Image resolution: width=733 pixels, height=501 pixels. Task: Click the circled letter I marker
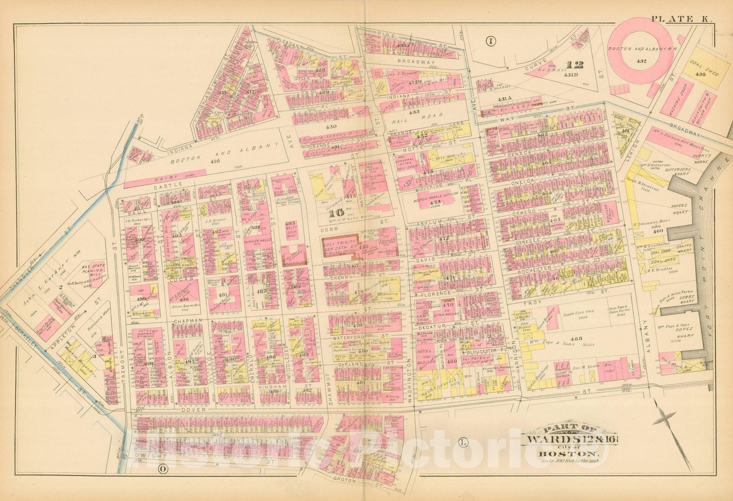pyautogui.click(x=491, y=42)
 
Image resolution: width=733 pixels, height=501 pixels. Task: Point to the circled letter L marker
pyautogui.click(x=462, y=442)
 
